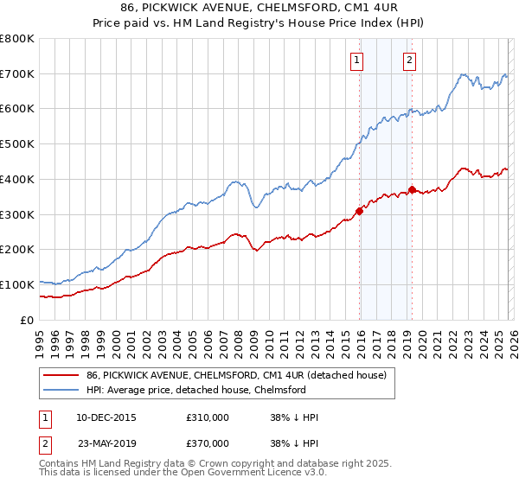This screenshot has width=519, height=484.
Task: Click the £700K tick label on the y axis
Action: point(17,73)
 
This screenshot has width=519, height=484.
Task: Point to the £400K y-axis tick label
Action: point(17,179)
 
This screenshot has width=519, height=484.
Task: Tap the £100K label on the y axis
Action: point(17,284)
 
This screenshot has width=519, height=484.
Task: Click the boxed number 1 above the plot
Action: point(356,60)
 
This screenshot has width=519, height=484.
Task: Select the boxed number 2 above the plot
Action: point(408,60)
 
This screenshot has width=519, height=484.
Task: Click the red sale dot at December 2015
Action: point(359,210)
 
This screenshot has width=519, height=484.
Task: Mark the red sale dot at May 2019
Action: point(412,189)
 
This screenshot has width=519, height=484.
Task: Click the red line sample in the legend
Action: point(61,374)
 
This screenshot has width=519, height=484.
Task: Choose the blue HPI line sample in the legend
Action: point(61,390)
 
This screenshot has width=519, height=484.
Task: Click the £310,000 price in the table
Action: point(213,417)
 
